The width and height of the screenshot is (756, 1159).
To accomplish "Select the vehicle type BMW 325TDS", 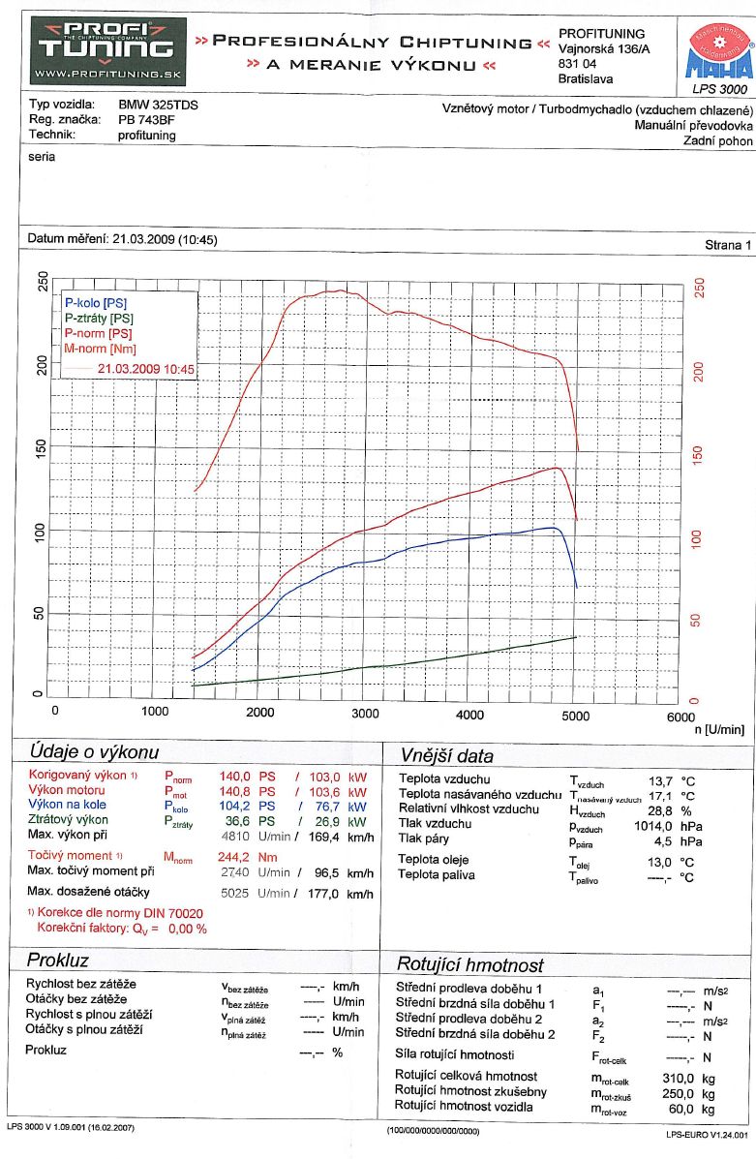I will tap(159, 105).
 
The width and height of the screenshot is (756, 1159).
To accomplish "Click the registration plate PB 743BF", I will tap(147, 120).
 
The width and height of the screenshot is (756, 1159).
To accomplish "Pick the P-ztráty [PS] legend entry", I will tap(100, 319).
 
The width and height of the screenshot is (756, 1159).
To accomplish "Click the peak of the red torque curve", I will tap(335, 290).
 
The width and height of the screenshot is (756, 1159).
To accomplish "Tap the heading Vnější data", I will tap(446, 756).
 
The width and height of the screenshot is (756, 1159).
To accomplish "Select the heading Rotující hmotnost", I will tap(470, 965).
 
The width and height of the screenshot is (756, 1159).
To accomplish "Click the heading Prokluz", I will tap(58, 961).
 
